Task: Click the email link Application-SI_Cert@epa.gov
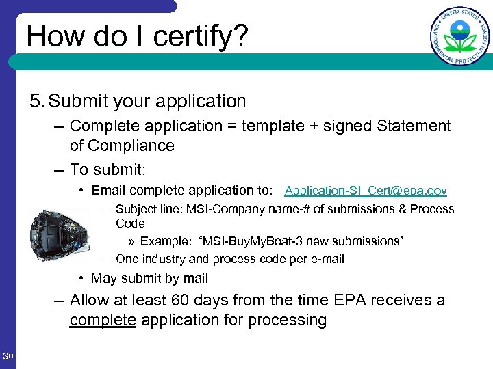coord(366,191)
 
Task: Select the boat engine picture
coord(60,235)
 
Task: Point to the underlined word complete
coord(103,320)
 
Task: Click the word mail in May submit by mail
coord(194,278)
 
